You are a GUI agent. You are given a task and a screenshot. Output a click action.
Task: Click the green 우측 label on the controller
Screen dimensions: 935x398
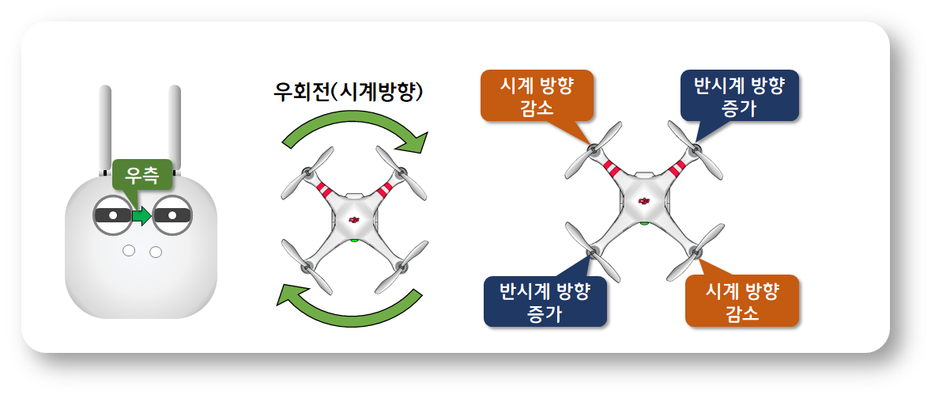[142, 174]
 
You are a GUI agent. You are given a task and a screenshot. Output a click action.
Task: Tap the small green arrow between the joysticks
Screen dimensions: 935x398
[142, 216]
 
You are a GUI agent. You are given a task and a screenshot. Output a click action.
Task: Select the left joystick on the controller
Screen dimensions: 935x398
[112, 214]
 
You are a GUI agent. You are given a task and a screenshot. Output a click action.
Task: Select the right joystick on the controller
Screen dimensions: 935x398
[172, 214]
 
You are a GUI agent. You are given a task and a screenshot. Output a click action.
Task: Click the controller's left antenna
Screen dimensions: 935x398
[105, 131]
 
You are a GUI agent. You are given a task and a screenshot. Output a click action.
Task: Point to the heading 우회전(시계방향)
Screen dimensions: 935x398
[348, 93]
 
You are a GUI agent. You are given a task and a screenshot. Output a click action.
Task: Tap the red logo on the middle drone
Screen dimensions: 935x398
[354, 220]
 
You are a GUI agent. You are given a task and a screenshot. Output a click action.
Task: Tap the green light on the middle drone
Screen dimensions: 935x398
[354, 240]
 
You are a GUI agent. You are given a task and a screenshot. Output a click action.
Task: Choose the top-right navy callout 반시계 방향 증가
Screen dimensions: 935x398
[739, 96]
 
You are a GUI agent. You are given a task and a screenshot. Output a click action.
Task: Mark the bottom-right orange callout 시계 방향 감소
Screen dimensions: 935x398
[742, 301]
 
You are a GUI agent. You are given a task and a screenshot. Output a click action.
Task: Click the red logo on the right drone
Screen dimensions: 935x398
[643, 201]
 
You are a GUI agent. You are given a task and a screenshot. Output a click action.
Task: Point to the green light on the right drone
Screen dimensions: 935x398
[644, 223]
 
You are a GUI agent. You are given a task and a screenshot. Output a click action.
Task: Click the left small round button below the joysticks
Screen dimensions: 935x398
[128, 251]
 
